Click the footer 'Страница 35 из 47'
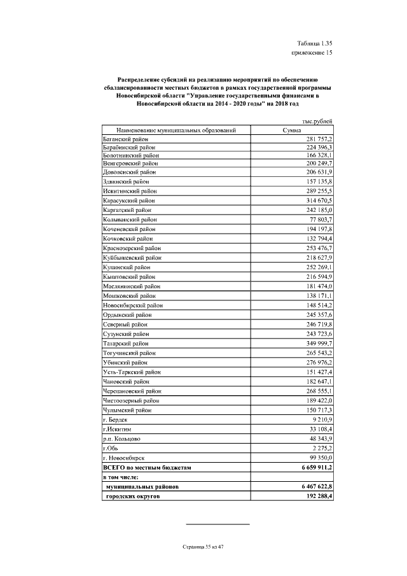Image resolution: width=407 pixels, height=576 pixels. pyautogui.click(x=203, y=547)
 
